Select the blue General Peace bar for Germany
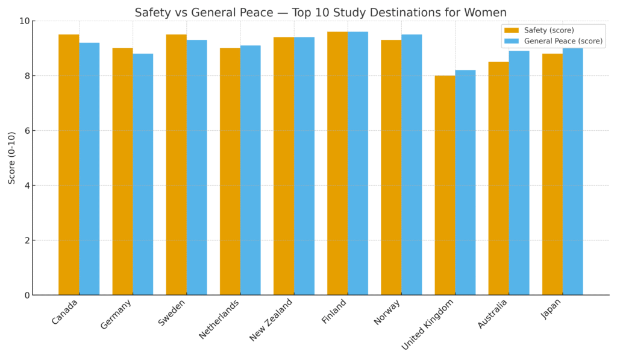pyautogui.click(x=143, y=174)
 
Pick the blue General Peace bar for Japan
pyautogui.click(x=572, y=172)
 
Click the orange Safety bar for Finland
pyautogui.click(x=337, y=163)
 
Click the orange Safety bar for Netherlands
pyautogui.click(x=230, y=171)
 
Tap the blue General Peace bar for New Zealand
pyautogui.click(x=304, y=166)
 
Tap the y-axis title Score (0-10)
pyautogui.click(x=12, y=157)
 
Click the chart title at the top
pyautogui.click(x=321, y=13)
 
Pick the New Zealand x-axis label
pyautogui.click(x=271, y=320)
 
